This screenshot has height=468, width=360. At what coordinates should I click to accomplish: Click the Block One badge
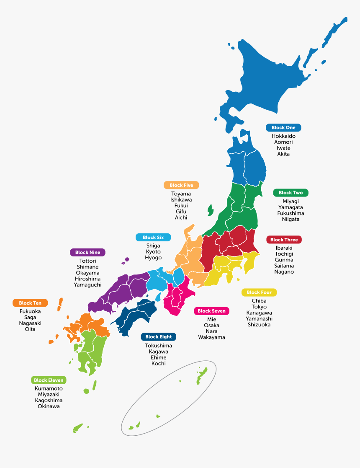click(x=283, y=128)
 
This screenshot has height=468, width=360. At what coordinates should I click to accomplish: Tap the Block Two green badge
click(x=291, y=193)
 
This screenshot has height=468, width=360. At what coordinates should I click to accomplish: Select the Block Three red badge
click(x=284, y=240)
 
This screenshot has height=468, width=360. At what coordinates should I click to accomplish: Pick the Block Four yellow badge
click(x=259, y=292)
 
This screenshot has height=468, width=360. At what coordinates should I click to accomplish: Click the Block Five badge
click(x=181, y=185)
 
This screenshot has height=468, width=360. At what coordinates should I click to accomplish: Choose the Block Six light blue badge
click(x=153, y=238)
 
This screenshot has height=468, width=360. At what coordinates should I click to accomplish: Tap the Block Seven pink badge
click(x=211, y=311)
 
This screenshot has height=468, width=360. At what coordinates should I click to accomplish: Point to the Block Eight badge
click(x=158, y=336)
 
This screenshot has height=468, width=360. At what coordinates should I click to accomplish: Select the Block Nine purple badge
click(x=87, y=253)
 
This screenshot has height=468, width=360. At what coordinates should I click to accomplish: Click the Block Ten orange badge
click(x=30, y=303)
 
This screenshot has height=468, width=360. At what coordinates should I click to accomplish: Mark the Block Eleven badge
click(x=49, y=380)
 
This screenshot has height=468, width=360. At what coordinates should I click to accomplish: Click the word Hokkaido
click(x=283, y=136)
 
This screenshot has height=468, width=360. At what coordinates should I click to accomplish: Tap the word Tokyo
click(x=259, y=307)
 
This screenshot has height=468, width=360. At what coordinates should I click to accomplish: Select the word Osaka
click(x=211, y=326)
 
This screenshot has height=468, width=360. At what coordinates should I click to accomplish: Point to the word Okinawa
click(x=49, y=406)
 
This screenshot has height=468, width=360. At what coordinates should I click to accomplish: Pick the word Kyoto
click(x=153, y=252)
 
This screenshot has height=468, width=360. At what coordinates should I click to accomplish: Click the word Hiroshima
click(x=87, y=279)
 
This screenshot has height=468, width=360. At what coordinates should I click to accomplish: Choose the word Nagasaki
click(x=30, y=323)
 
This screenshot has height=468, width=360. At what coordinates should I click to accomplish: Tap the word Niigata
click(x=291, y=219)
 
